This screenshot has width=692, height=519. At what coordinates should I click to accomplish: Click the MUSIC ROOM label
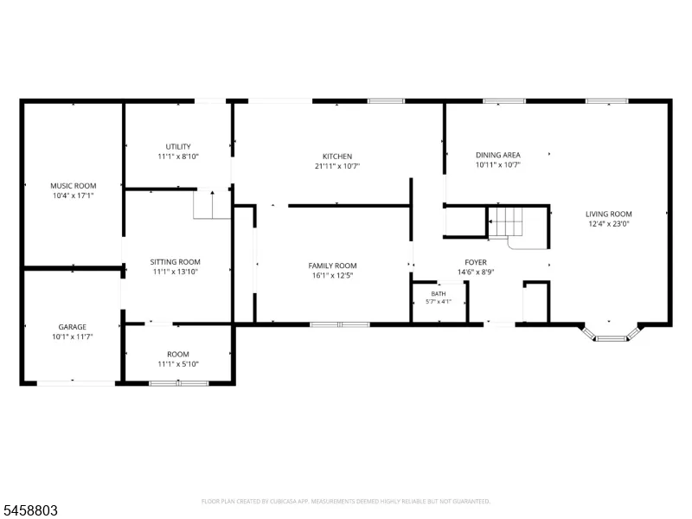pos(74,186)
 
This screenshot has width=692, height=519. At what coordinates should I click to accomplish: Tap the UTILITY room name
pos(178,146)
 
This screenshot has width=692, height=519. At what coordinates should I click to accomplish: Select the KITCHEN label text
pos(337,157)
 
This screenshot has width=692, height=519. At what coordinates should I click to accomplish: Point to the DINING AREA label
pos(498,155)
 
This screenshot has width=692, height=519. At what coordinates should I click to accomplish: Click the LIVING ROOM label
pos(609,214)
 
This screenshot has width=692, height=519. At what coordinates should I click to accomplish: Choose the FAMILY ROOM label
pos(332,266)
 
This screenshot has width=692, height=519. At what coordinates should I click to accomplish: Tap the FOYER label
pos(475,262)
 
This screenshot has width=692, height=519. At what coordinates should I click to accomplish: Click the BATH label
pos(439,294)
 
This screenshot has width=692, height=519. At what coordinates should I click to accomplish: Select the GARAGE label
pos(73,327)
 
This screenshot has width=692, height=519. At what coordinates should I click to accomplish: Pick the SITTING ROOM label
pos(176,262)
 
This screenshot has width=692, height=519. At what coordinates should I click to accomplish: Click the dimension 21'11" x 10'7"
pos(337,166)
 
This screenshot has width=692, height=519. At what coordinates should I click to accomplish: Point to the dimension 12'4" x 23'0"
pos(609,224)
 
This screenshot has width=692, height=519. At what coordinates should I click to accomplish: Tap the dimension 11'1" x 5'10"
pos(178,364)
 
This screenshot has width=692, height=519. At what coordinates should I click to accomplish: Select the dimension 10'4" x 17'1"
pos(74,195)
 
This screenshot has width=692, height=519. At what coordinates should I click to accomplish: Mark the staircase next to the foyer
pos(506,222)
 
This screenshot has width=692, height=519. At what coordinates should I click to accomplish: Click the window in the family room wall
pos(339,325)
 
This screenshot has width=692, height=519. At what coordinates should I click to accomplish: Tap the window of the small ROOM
pos(179,383)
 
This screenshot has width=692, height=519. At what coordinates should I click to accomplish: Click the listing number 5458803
pos(29,510)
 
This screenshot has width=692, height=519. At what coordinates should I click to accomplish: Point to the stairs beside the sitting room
pos(212,204)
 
